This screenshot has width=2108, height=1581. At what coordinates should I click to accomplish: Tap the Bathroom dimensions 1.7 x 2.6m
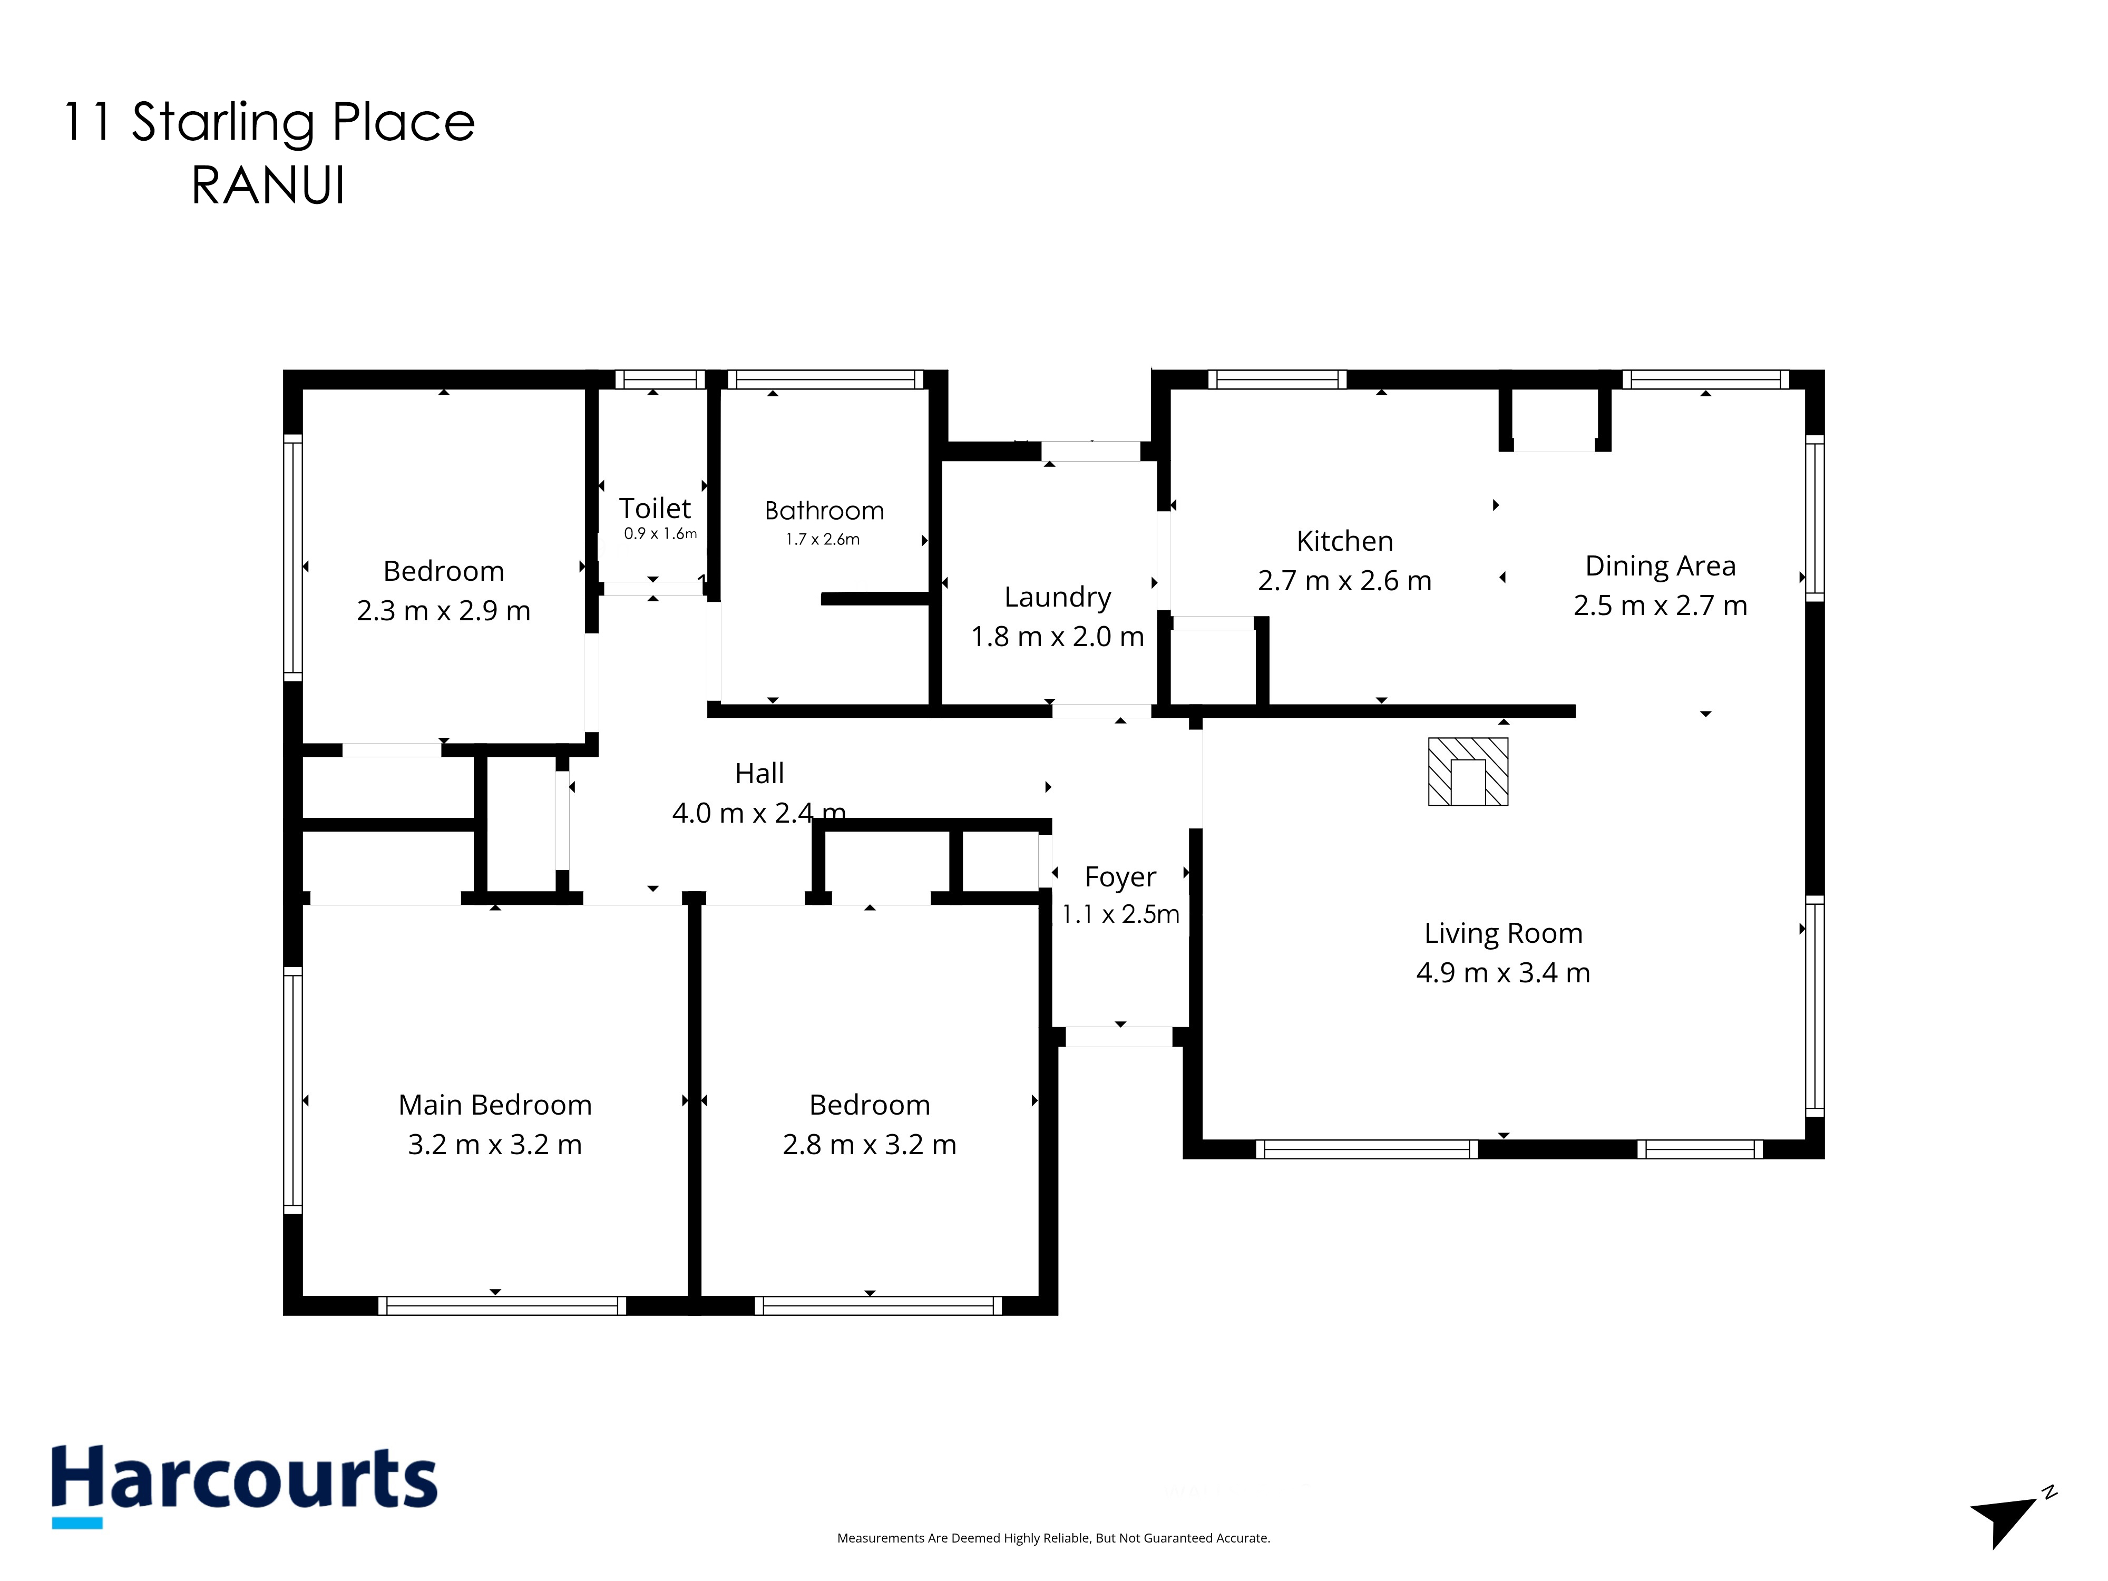[823, 540]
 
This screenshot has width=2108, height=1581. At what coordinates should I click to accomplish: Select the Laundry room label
[1058, 598]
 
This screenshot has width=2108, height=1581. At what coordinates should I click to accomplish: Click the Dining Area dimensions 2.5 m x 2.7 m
[1660, 605]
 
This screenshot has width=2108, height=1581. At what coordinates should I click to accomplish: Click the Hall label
[759, 773]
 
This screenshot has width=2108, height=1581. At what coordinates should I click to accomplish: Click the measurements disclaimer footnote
[1053, 1538]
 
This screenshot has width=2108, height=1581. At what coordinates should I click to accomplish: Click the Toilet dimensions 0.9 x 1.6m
[660, 534]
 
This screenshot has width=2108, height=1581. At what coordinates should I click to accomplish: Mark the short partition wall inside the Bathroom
[875, 599]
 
